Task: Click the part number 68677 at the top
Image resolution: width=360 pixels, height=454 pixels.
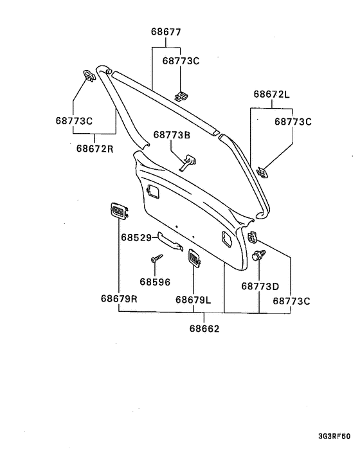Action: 166,32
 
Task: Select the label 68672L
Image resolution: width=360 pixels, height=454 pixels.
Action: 271,94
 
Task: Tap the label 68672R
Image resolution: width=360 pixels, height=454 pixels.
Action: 94,149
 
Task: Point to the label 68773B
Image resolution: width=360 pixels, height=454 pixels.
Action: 172,134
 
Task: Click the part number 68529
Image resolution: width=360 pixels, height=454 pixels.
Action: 136,237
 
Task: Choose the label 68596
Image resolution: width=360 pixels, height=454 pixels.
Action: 155,282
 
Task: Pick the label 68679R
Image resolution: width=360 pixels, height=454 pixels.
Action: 119,298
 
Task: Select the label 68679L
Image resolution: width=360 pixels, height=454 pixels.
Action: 193,300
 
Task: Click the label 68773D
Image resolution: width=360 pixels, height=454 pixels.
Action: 260,286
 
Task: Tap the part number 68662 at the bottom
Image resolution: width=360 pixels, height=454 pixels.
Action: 204,329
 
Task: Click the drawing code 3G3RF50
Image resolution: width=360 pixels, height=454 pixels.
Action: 334,436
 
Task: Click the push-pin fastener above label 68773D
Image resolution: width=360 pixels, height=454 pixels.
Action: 258,255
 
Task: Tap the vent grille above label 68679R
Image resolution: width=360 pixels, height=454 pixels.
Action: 120,210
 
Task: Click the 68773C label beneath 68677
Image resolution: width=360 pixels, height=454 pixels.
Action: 181,61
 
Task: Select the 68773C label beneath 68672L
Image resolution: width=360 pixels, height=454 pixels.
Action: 293,122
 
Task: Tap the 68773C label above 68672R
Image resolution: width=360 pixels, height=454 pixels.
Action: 74,120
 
